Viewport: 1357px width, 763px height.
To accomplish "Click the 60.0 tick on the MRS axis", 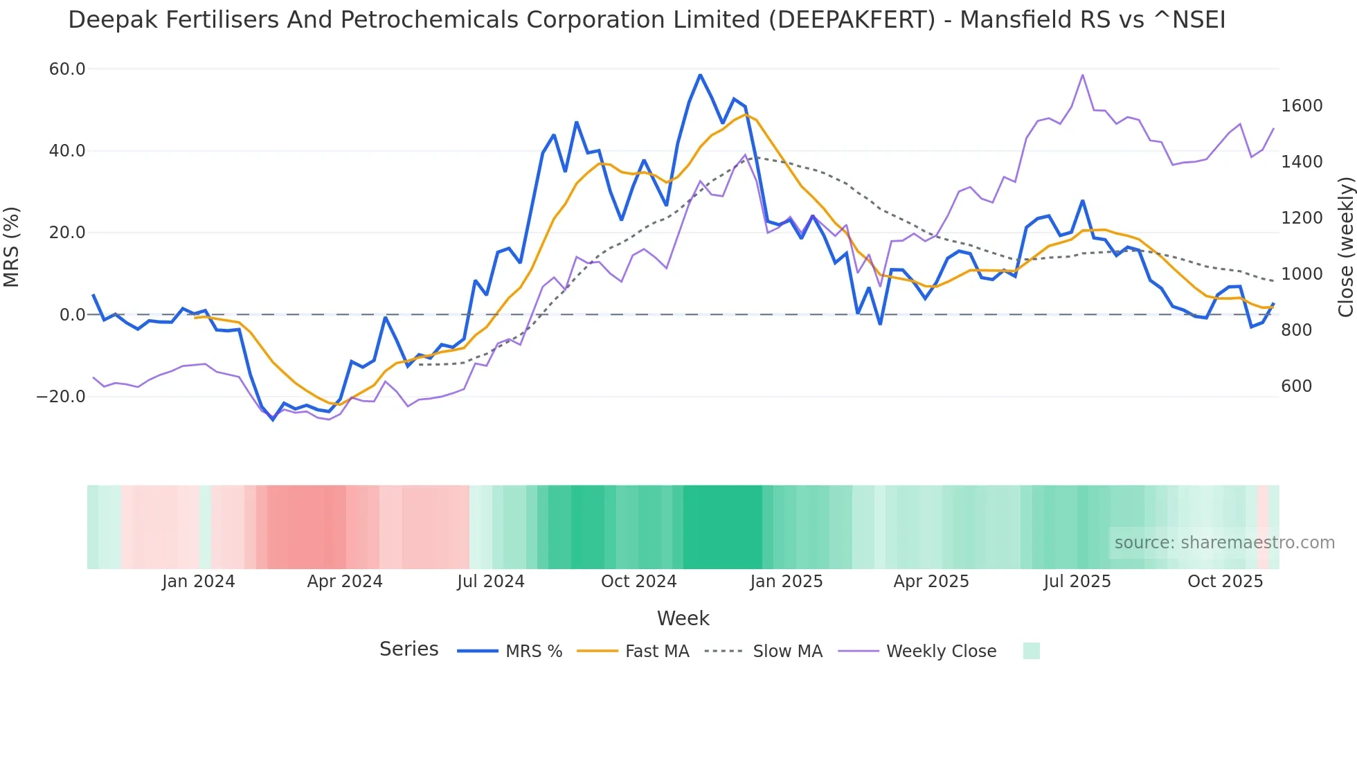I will pyautogui.click(x=67, y=69).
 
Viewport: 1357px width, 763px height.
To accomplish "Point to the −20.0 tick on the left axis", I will pyautogui.click(x=61, y=397).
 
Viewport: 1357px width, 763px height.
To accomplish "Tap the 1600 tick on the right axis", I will pyautogui.click(x=1302, y=106).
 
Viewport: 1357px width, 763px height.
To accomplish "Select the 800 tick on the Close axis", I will pyautogui.click(x=1296, y=330).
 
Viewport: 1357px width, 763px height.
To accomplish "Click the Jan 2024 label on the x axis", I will pyautogui.click(x=198, y=582).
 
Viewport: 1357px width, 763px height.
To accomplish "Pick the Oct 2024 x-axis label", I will pyautogui.click(x=638, y=582).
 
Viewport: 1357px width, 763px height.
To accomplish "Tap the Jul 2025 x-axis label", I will pyautogui.click(x=1077, y=582).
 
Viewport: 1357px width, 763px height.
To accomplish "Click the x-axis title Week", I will pyautogui.click(x=683, y=618).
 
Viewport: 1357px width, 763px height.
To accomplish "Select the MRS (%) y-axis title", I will pyautogui.click(x=12, y=247).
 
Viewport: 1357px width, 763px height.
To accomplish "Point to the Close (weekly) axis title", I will pyautogui.click(x=1345, y=247).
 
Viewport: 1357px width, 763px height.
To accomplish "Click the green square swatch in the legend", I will pyautogui.click(x=1031, y=651).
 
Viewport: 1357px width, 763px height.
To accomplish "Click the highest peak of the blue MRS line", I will pyautogui.click(x=700, y=75).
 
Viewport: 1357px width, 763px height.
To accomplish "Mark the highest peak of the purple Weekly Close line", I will pyautogui.click(x=1082, y=75).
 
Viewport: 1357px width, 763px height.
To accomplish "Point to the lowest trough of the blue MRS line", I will pyautogui.click(x=273, y=420).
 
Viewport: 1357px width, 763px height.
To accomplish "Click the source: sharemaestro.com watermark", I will pyautogui.click(x=1224, y=543).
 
